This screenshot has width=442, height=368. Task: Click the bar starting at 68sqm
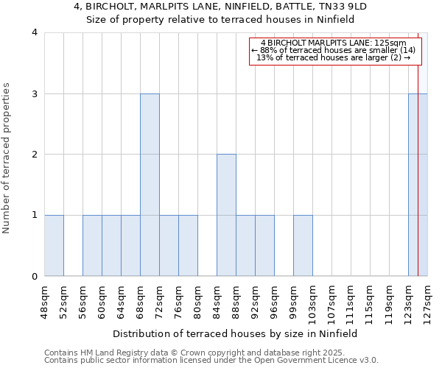coord(150,185)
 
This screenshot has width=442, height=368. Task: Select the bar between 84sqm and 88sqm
coord(226,215)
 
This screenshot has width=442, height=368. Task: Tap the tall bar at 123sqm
coord(417,185)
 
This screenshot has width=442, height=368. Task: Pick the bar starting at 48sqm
coord(54,246)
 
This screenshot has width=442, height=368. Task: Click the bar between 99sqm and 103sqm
coord(303,246)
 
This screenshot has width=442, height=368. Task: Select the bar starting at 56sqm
coord(92,246)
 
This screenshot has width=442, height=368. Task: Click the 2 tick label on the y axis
coord(35,155)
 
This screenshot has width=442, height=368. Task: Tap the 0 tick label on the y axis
coord(35,277)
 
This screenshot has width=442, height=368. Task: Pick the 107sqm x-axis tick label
coord(331,301)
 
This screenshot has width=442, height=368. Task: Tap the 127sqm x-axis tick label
coord(427,301)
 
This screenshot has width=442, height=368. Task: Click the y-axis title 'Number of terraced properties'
coord(7,158)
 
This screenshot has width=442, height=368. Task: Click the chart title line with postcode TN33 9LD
coord(221,7)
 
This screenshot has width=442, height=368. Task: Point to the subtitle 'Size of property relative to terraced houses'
coord(221,20)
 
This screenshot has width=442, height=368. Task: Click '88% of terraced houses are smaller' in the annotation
coord(334,50)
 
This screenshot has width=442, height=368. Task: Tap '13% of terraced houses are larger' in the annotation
coord(334,57)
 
